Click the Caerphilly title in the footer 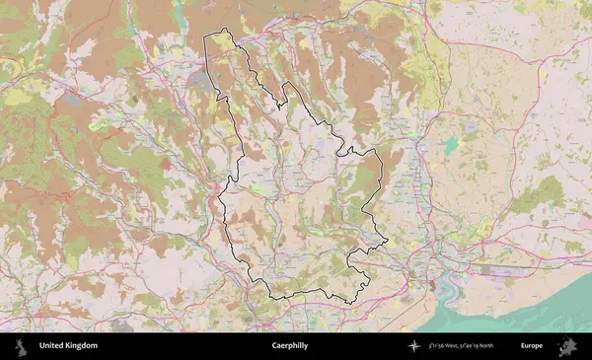pyautogui.click(x=289, y=346)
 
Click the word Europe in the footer pyautogui.click(x=532, y=346)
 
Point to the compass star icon pyautogui.click(x=413, y=346)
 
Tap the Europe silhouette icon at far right pyautogui.click(x=567, y=346)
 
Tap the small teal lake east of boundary pyautogui.click(x=451, y=145)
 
